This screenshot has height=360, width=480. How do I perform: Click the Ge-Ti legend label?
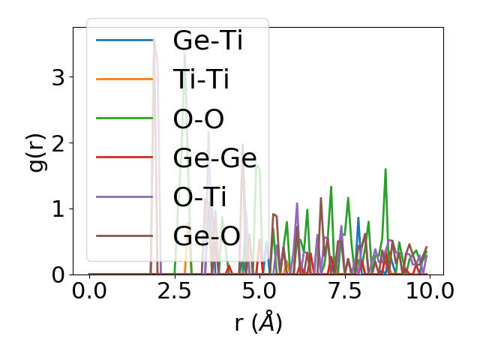pos(208,40)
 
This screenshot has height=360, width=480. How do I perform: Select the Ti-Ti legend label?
pos(201,79)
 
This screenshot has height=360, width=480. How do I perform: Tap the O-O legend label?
pos(199,118)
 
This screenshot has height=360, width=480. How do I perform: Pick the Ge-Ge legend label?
pos(214,157)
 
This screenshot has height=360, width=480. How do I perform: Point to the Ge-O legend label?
pos(206,235)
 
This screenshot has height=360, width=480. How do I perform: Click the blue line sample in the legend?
pos(124,40)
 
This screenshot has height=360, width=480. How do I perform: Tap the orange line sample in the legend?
pos(124,79)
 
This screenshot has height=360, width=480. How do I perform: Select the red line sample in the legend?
pos(124,157)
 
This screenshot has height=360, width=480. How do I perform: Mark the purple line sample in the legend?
pos(124,196)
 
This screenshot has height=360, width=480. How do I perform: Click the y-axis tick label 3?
pos(58,76)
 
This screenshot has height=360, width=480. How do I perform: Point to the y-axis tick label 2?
pos(58,142)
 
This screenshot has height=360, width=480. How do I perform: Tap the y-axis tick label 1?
pos(58,208)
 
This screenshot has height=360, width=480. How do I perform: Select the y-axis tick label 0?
pos(58,274)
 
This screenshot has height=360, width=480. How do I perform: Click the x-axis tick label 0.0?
pos(89,292)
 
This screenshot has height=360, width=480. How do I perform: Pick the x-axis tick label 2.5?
pos(174,292)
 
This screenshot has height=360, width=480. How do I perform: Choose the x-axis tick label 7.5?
pos(344,292)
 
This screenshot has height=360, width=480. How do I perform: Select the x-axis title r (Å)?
pos(259,322)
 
